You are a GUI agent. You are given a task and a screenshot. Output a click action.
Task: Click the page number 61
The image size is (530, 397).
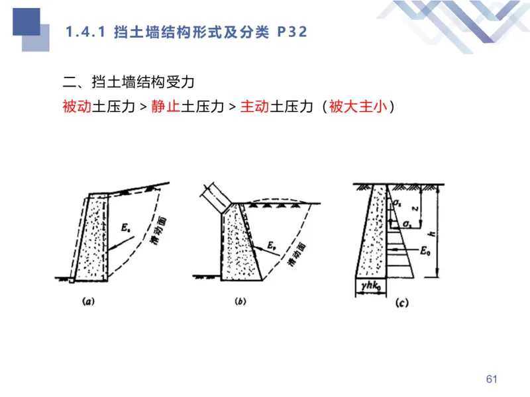pyautogui.click(x=491, y=379)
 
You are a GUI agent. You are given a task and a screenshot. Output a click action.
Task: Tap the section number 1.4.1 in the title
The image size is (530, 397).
pyautogui.click(x=85, y=32)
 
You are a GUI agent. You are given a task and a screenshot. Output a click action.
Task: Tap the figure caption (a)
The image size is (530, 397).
pyautogui.click(x=89, y=301)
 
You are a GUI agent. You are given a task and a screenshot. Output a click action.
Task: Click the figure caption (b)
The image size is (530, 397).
pyautogui.click(x=241, y=302)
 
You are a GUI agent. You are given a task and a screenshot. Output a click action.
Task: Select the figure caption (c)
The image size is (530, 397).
pyautogui.click(x=401, y=304)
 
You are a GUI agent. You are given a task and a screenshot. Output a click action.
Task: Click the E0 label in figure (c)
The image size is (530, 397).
pyautogui.click(x=427, y=251)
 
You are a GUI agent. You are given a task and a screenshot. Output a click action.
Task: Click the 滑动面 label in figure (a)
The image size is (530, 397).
pyautogui.click(x=158, y=231)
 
